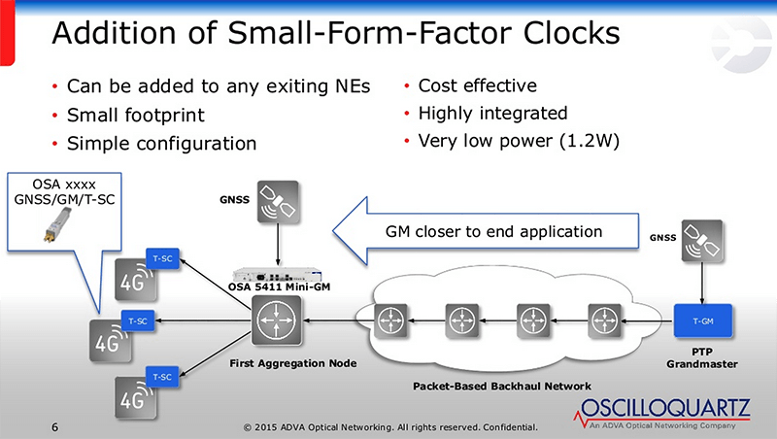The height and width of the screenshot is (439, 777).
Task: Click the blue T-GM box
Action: tap(701, 318)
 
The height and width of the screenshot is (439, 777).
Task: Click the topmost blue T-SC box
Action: tap(161, 257)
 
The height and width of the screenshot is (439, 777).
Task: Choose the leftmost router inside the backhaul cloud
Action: tap(390, 318)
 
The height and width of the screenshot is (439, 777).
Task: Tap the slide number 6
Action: tap(55, 426)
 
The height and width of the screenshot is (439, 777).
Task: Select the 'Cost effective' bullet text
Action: tap(477, 85)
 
